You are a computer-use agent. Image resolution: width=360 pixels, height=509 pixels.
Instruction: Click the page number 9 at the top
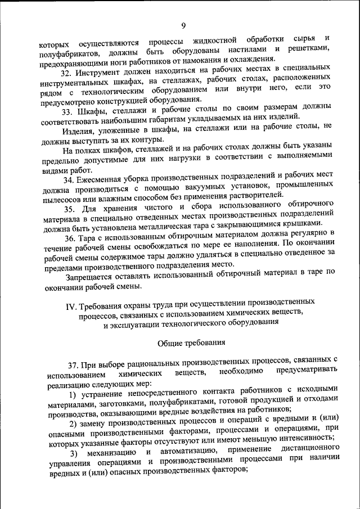[184, 25]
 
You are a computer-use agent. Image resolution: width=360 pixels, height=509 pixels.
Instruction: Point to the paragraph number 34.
[68, 180]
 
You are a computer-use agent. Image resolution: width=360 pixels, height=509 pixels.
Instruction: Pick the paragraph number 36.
[68, 238]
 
